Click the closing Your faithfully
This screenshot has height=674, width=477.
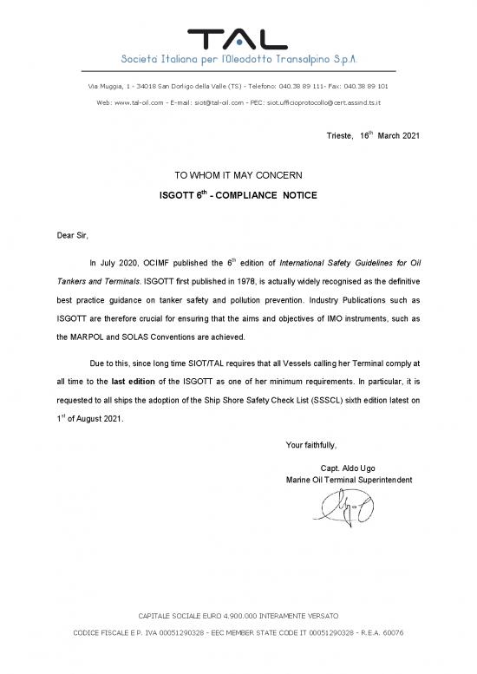coord(310,446)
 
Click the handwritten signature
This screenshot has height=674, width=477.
coord(345,508)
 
